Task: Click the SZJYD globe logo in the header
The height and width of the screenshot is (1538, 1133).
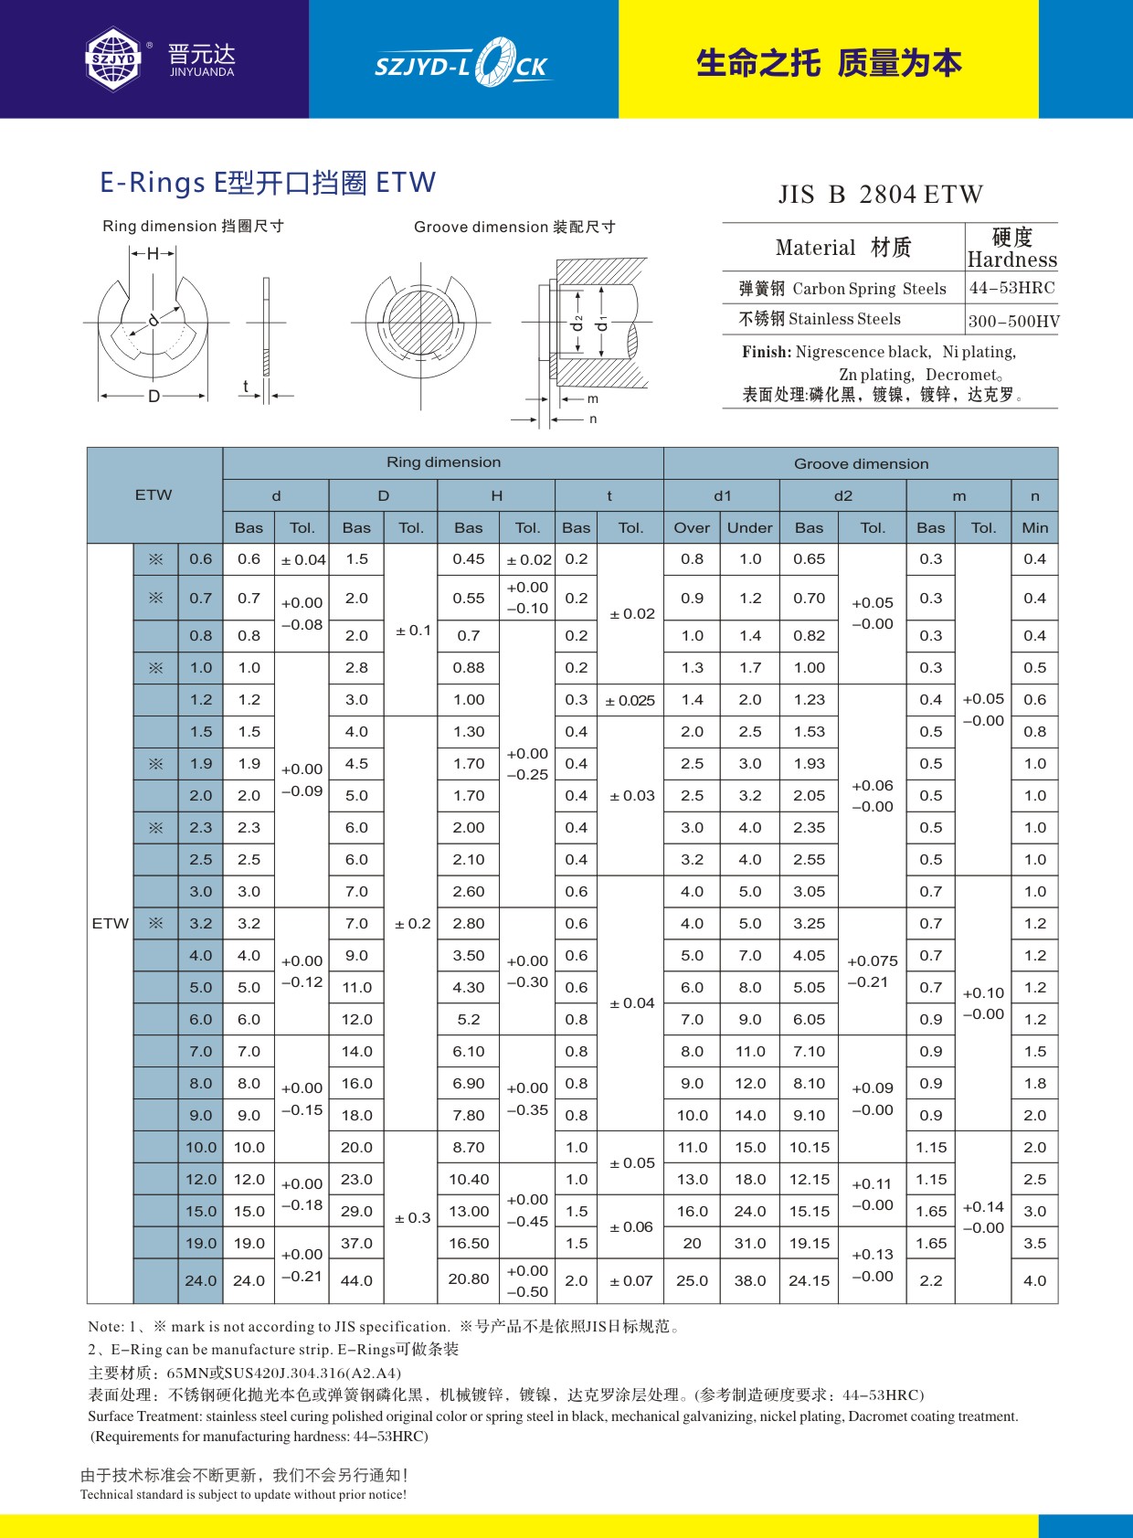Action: (x=114, y=59)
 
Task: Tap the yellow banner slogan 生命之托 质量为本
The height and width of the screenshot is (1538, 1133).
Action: (x=829, y=63)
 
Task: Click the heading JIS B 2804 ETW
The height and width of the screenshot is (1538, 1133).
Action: (x=880, y=195)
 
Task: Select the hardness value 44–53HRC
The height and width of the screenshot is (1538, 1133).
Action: (x=1011, y=288)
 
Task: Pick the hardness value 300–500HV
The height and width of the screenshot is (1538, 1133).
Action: (x=1013, y=321)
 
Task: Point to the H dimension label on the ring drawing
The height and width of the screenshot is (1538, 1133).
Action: (x=153, y=254)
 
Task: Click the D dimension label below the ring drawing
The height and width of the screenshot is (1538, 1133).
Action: (x=154, y=397)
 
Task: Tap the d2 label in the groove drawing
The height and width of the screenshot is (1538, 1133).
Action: (x=577, y=324)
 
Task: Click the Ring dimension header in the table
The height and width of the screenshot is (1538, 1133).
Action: (x=443, y=462)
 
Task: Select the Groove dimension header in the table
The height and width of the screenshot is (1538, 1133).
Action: (x=861, y=464)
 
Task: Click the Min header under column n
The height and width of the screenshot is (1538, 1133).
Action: (x=1034, y=528)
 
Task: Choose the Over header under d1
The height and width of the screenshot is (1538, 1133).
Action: (x=692, y=528)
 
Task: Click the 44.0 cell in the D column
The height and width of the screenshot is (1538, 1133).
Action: (x=356, y=1281)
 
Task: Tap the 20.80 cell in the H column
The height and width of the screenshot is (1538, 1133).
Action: (x=468, y=1279)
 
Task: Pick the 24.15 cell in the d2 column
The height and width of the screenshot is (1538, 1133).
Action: (x=809, y=1281)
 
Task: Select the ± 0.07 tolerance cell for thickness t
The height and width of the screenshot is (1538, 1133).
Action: (x=631, y=1281)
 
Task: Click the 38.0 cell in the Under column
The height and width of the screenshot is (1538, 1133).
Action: (x=750, y=1281)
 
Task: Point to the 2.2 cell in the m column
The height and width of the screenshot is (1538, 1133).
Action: (x=930, y=1281)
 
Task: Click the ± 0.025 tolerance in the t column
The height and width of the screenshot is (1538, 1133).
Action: (x=630, y=701)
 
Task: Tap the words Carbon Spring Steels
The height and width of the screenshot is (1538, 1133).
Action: (x=869, y=289)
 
